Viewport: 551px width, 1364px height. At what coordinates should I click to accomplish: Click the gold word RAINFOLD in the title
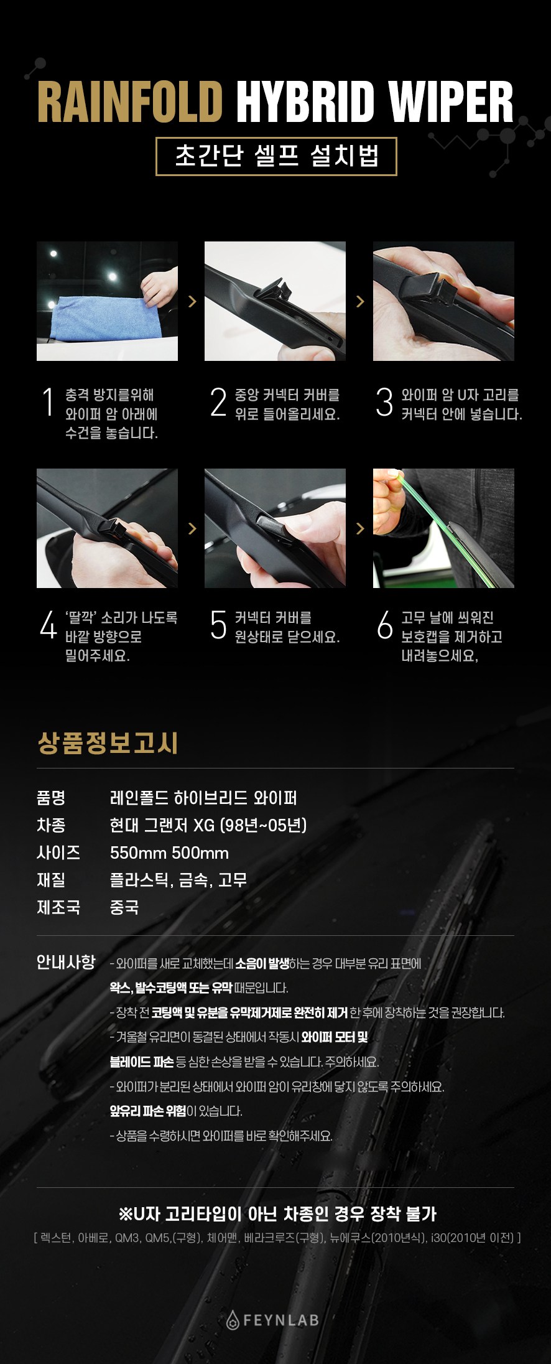click(130, 101)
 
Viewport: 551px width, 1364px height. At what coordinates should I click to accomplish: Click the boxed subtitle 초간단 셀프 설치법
click(276, 156)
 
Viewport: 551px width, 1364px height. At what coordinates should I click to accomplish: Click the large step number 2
click(218, 402)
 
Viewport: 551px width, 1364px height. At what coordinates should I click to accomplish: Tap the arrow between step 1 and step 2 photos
click(192, 301)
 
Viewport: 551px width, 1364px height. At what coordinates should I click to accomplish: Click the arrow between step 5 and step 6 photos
click(360, 528)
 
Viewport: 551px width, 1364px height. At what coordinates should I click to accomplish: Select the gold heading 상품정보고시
click(108, 743)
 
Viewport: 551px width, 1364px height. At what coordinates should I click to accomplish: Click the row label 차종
click(51, 825)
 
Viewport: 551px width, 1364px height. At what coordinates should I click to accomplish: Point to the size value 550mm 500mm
click(169, 852)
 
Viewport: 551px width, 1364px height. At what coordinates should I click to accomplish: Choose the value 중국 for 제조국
click(124, 907)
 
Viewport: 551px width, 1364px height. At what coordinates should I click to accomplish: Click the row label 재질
click(51, 880)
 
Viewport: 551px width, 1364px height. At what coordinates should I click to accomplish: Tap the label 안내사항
click(66, 962)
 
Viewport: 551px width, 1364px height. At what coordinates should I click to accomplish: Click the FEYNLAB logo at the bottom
click(273, 1320)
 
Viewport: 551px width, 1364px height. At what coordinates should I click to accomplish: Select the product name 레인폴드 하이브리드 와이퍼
click(203, 798)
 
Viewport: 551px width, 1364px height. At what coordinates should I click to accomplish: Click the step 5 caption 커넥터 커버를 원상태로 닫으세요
click(287, 627)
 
